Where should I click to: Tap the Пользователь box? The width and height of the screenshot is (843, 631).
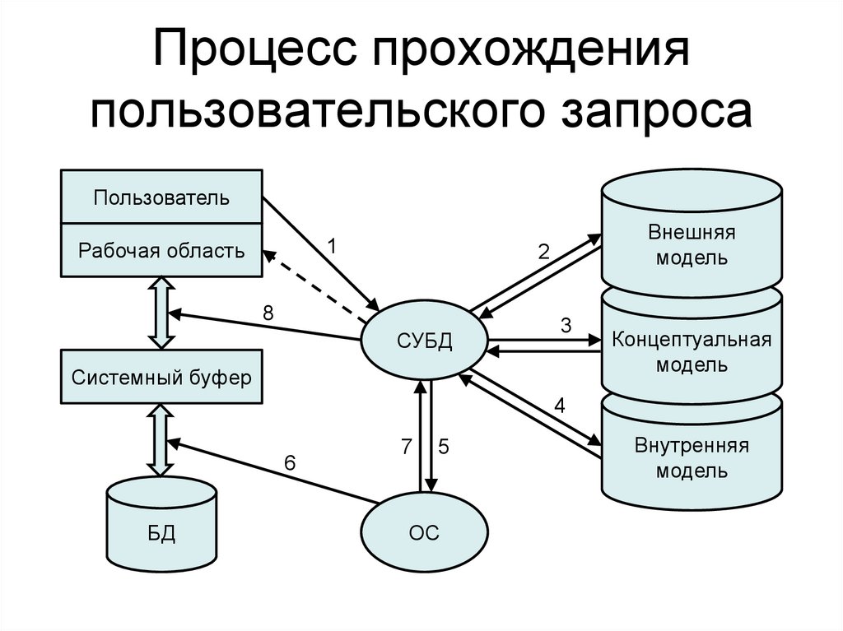click(161, 197)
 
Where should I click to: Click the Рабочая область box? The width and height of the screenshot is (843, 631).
click(161, 250)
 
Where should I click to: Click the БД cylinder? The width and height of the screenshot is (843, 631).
click(161, 532)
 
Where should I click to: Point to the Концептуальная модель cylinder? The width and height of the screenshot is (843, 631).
click(691, 351)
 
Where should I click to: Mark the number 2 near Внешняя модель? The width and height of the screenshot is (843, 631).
click(543, 253)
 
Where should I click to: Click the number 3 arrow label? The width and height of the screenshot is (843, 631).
click(566, 325)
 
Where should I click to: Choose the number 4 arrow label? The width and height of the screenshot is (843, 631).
click(560, 406)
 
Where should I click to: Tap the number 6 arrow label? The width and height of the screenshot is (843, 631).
click(289, 463)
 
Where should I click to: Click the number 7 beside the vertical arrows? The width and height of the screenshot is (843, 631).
click(405, 447)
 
